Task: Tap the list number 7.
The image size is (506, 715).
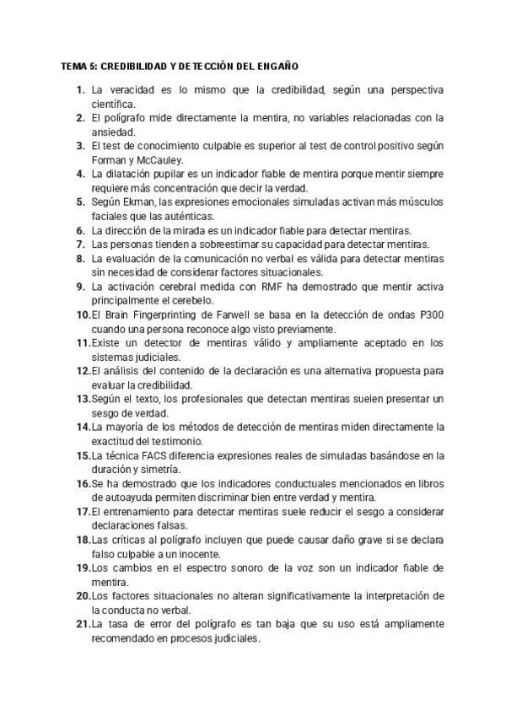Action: point(79,245)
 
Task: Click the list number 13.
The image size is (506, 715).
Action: point(83,400)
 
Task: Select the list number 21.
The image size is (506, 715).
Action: point(83,625)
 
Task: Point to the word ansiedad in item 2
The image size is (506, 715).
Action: point(113,132)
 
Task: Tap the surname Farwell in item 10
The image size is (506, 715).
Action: point(234,315)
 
